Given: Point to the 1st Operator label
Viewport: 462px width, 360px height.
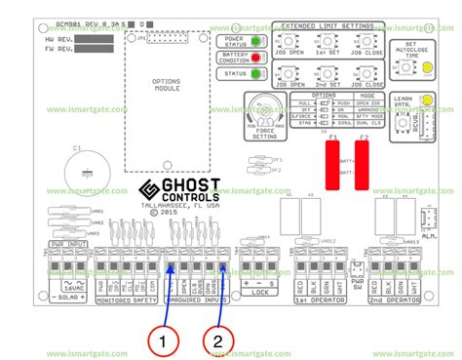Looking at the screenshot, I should pyautogui.click(x=327, y=274).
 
